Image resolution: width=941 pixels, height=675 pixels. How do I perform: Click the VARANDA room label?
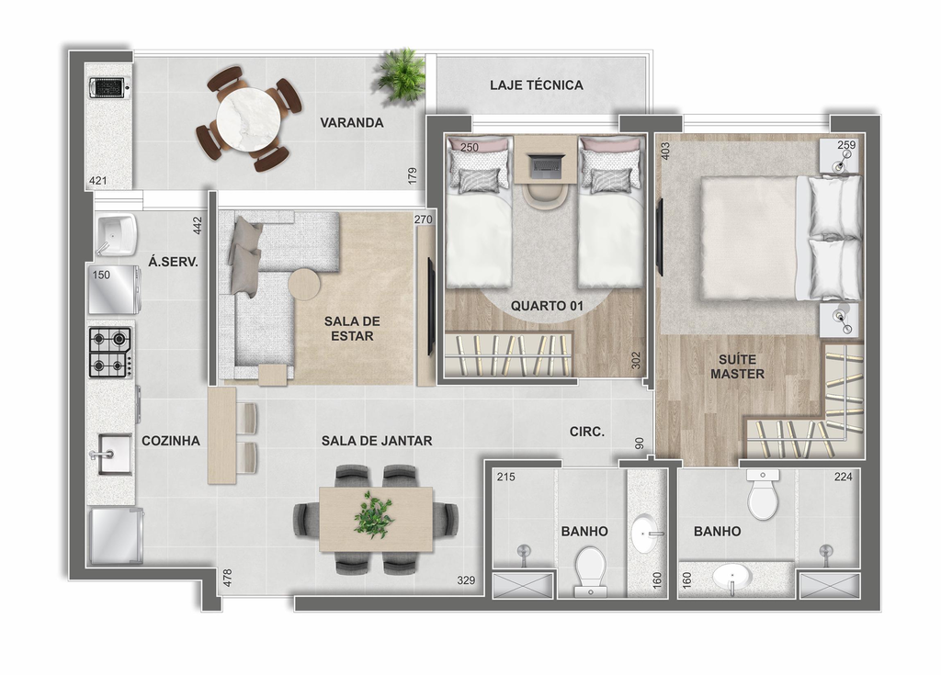(352, 123)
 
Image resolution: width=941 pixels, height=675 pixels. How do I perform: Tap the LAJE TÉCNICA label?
(537, 85)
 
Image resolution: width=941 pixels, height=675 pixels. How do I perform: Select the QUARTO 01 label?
(547, 306)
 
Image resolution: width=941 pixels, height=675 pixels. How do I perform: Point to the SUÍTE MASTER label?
(738, 366)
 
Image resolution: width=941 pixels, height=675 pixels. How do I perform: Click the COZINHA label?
(171, 441)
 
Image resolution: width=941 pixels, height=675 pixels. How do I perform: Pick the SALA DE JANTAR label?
(377, 441)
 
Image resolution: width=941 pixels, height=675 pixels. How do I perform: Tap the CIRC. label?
(587, 432)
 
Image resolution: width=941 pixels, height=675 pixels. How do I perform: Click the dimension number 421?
(97, 181)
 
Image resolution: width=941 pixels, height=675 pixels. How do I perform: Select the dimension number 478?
(228, 578)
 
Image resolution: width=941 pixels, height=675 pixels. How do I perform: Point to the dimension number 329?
(466, 580)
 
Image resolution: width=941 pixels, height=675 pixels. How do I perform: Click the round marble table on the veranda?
(248, 119)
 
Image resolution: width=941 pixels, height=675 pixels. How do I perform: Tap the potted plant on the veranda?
(401, 75)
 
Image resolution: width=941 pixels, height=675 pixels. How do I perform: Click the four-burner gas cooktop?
(111, 353)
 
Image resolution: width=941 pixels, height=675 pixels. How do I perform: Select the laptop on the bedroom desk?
(547, 165)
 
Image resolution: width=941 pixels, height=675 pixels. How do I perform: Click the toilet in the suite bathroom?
(764, 494)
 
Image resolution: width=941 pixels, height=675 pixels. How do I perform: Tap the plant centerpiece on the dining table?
(374, 515)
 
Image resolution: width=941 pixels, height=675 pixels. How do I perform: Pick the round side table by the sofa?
(305, 284)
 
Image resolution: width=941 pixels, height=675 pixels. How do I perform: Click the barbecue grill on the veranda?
(108, 87)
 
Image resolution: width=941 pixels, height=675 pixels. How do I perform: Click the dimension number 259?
(846, 144)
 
